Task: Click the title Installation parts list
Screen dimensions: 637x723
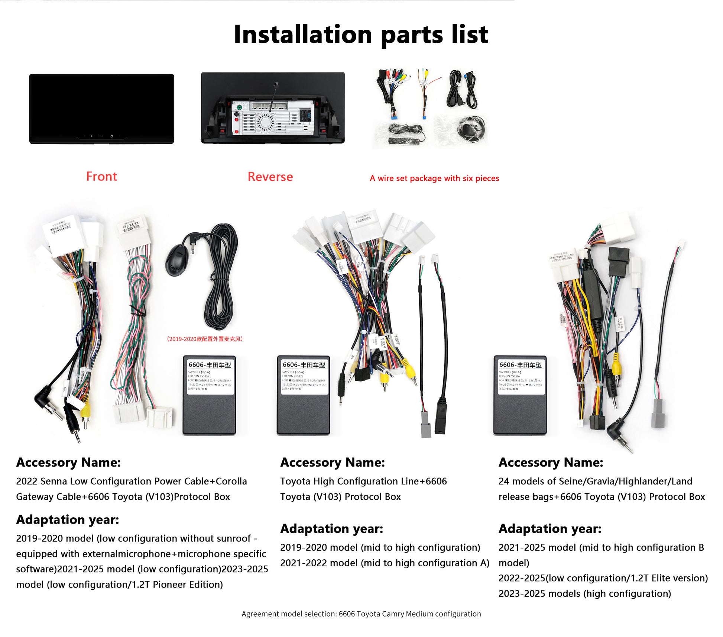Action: click(x=360, y=35)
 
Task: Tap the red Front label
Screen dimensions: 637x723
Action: click(x=101, y=176)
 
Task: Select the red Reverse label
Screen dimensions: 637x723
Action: click(x=270, y=177)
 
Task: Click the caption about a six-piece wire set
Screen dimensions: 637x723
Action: click(x=434, y=178)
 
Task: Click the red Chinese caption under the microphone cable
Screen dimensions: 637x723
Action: click(x=205, y=339)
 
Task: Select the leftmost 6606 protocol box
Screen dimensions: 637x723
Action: click(x=209, y=395)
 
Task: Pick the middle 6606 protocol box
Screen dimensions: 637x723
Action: click(x=303, y=395)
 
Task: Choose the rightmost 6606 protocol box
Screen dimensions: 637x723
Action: click(x=520, y=395)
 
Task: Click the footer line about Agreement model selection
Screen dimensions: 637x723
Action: click(x=361, y=614)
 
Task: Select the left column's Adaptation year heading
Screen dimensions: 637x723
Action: click(x=68, y=519)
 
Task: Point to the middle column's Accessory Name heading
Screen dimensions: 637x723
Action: click(x=333, y=463)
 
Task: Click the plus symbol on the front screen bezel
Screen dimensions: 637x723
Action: click(x=92, y=136)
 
